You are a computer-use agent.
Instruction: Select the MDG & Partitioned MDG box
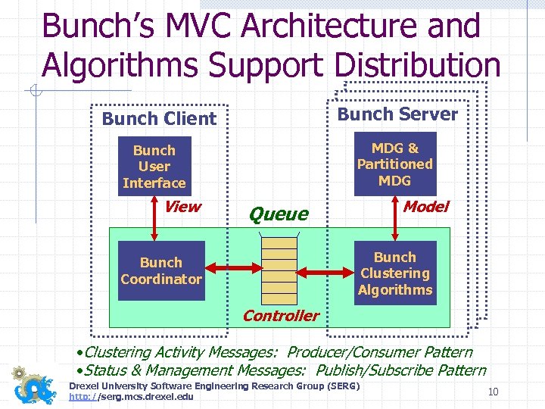(394, 164)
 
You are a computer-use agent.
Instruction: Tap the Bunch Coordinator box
(161, 270)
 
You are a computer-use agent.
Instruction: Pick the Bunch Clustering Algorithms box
(395, 273)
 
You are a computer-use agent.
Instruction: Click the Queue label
(279, 214)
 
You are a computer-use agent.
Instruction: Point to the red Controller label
(281, 316)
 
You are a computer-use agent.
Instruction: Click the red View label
(182, 207)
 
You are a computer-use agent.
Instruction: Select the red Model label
(425, 206)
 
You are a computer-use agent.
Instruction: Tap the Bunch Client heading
(159, 118)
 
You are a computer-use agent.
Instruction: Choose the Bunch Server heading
(397, 114)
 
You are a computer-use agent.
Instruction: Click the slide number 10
(494, 392)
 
